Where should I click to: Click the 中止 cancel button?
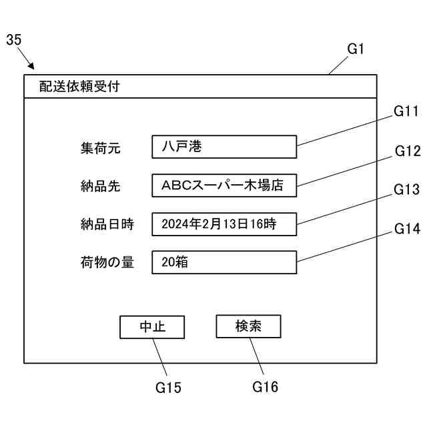[x=152, y=327]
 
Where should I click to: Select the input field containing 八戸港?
[x=224, y=147]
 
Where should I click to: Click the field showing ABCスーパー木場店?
[x=224, y=185]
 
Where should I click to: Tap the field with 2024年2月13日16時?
[x=224, y=224]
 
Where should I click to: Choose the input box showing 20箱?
[x=224, y=262]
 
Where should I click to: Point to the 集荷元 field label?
[x=100, y=147]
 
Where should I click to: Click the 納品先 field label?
[x=100, y=186]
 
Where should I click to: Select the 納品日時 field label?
[x=107, y=224]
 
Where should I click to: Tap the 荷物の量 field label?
[x=107, y=263]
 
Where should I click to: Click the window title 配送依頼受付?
[x=79, y=87]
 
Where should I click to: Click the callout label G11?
[x=406, y=111]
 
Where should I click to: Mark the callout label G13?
[x=406, y=189]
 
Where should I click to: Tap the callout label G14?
[x=407, y=229]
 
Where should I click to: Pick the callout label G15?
[x=168, y=387]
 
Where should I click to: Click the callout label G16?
[x=265, y=387]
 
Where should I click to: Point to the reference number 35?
[x=13, y=40]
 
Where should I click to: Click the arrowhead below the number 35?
[x=32, y=67]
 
